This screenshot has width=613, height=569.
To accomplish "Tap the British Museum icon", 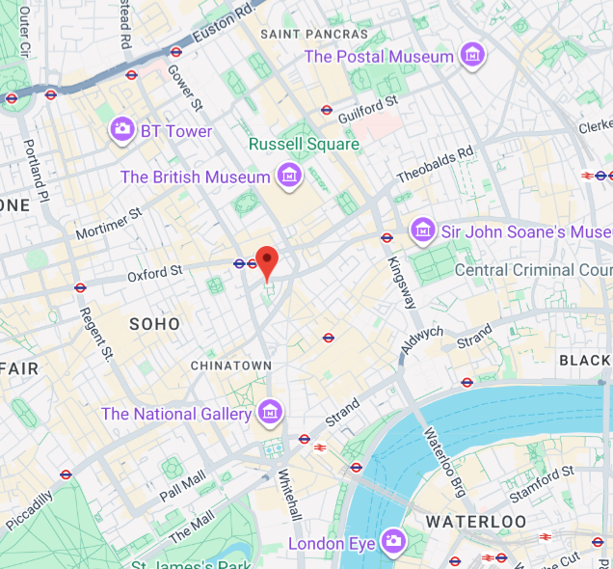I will pyautogui.click(x=288, y=176).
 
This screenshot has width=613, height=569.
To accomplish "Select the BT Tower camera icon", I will pyautogui.click(x=122, y=130).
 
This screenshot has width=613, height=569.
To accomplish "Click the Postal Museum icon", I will pyautogui.click(x=471, y=56).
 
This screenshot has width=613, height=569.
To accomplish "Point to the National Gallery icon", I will pyautogui.click(x=270, y=414).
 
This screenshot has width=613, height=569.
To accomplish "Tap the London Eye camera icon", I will pyautogui.click(x=392, y=543).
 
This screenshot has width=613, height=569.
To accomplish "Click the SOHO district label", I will pyautogui.click(x=154, y=324).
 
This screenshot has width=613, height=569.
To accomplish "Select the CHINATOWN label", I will pyautogui.click(x=231, y=366).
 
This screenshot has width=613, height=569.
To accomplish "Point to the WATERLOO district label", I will pyautogui.click(x=476, y=522).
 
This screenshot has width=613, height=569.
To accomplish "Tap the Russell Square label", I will pyautogui.click(x=304, y=144).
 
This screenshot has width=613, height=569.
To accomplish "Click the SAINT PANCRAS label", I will pyautogui.click(x=314, y=34).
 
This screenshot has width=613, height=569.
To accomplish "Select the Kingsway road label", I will pyautogui.click(x=402, y=283).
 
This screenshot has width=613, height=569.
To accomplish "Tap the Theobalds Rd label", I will pyautogui.click(x=436, y=165).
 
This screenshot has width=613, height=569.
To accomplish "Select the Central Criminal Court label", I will pyautogui.click(x=533, y=270).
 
